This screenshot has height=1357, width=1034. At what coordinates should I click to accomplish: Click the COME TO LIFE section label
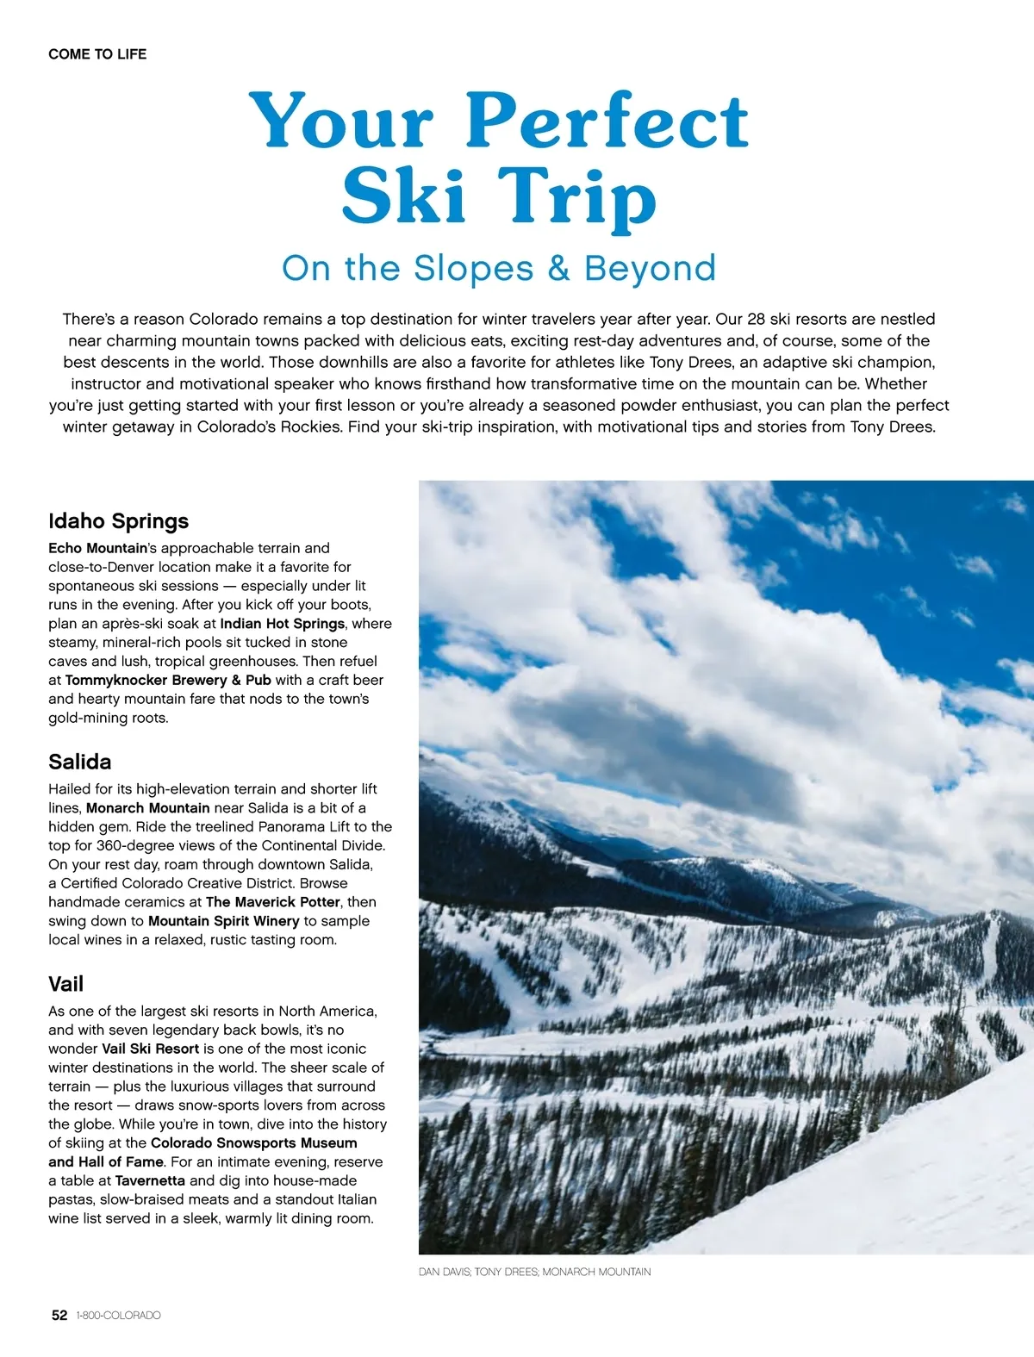[97, 54]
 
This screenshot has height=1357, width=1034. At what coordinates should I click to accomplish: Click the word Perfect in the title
[607, 121]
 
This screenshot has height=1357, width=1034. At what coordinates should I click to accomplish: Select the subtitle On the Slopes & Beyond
[499, 268]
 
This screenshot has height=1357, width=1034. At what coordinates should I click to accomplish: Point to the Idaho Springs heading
[118, 521]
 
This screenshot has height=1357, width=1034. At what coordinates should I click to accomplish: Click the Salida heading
[80, 762]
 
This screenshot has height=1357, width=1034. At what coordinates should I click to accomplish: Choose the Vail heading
[66, 984]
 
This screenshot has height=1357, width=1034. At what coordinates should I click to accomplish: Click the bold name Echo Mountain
[98, 548]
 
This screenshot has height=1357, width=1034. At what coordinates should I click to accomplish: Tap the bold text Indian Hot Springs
[282, 624]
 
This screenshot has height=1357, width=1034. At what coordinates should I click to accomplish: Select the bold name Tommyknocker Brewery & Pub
[168, 680]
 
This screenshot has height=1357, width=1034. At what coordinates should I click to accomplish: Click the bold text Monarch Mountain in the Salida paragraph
[147, 808]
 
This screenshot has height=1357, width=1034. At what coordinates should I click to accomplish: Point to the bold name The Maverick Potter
[273, 902]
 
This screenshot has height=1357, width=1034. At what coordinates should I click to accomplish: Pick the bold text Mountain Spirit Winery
[223, 921]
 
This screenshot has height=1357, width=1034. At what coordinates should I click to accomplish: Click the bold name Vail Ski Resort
[150, 1049]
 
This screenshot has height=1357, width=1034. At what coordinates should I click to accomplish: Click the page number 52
[59, 1316]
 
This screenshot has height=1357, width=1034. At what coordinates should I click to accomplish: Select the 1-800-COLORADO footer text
[118, 1316]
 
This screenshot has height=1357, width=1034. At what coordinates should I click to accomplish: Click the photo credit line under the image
[534, 1272]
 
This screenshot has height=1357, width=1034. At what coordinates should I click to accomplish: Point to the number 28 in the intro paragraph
[756, 319]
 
